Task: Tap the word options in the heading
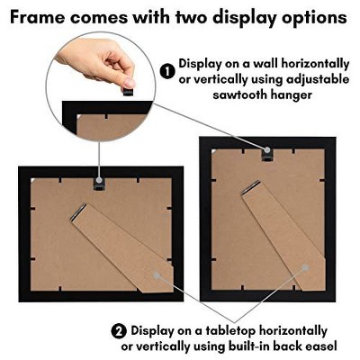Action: (312, 17)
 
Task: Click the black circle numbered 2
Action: (119, 330)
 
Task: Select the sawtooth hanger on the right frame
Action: (266, 154)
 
